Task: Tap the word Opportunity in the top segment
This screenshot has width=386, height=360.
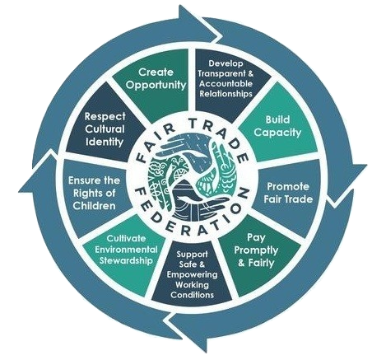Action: [x=156, y=85]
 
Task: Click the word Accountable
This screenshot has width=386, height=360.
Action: [x=226, y=83]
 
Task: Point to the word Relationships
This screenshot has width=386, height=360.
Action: [x=226, y=94]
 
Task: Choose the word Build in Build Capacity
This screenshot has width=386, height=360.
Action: [x=277, y=119]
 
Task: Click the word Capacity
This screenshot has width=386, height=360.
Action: [x=277, y=133]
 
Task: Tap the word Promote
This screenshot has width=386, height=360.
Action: [x=288, y=187]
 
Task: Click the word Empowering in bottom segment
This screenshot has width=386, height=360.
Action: [x=192, y=274]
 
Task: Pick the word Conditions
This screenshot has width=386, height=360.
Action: [x=192, y=295]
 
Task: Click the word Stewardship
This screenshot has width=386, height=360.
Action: [x=126, y=260]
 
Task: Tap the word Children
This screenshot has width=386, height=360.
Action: [x=94, y=206]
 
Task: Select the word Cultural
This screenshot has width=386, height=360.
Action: [x=105, y=129]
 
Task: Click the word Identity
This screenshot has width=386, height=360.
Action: [x=105, y=142]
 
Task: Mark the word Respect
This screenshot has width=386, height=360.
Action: [x=105, y=116]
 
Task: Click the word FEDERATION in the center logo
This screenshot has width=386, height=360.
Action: [x=188, y=217]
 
